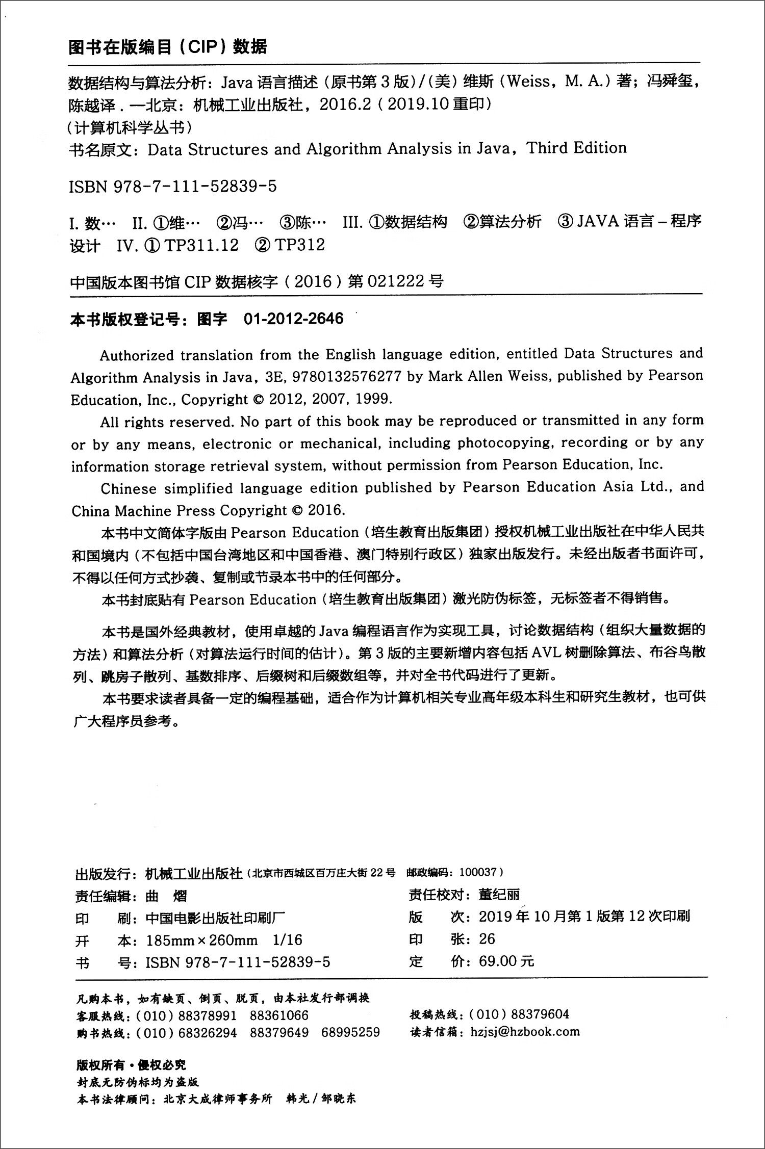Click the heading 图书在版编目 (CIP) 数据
pos(168,47)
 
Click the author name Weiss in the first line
pos(528,81)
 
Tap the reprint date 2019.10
pos(418,105)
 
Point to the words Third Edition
pos(576,148)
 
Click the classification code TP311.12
pos(201,245)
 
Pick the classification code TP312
pos(299,245)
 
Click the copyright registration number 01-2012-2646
pos(293,319)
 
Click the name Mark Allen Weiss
pos(488,376)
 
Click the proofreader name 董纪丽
pos(499,895)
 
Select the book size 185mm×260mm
pos(201,940)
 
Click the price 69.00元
pos(506,961)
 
